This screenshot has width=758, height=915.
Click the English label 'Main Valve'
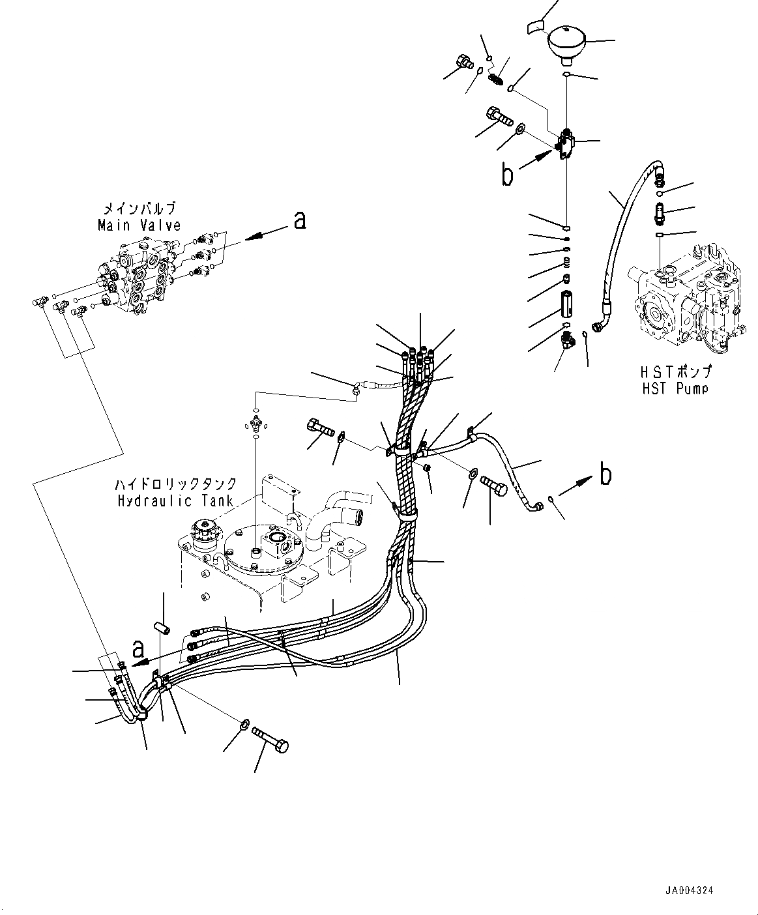(139, 225)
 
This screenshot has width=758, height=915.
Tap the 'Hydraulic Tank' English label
(173, 501)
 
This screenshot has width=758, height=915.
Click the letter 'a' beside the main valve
(299, 222)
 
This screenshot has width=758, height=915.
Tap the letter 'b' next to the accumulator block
(506, 175)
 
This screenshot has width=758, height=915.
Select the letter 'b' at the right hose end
(605, 475)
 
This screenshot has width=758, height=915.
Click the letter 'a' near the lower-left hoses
(138, 648)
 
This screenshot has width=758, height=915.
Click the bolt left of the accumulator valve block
(499, 118)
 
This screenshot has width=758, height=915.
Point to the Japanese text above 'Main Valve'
(139, 210)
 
